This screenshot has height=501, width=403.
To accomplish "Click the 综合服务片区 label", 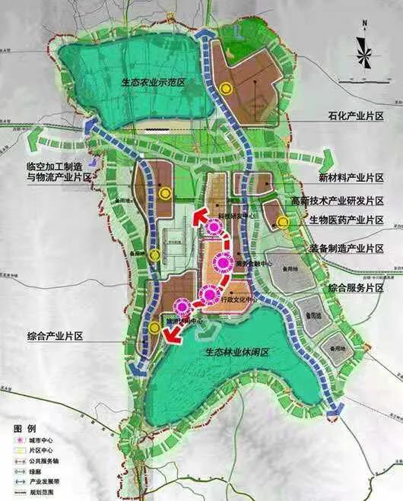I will click(354, 289).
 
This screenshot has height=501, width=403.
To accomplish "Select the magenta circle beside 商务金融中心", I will click(222, 263).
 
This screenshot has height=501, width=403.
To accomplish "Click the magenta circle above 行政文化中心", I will click(208, 294).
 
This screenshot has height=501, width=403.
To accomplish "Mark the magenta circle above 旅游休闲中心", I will click(182, 307).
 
